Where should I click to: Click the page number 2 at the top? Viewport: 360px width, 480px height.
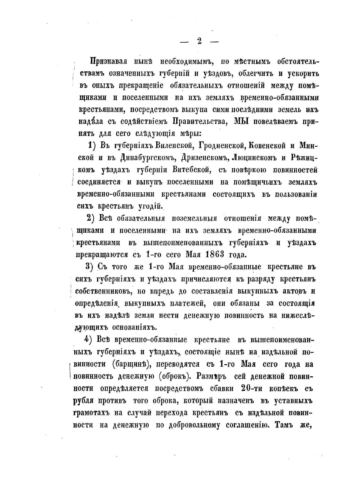(199, 41)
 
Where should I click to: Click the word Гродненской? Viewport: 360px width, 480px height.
(219, 146)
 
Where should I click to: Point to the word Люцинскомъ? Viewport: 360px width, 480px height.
(253, 158)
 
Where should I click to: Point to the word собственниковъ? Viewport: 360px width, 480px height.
(102, 291)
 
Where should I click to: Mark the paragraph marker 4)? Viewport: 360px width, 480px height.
(88, 340)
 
